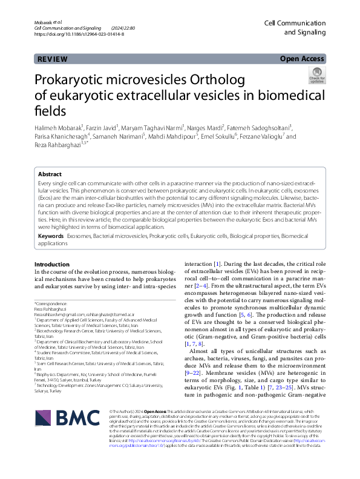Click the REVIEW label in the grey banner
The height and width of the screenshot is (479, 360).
click(x=52, y=59)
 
